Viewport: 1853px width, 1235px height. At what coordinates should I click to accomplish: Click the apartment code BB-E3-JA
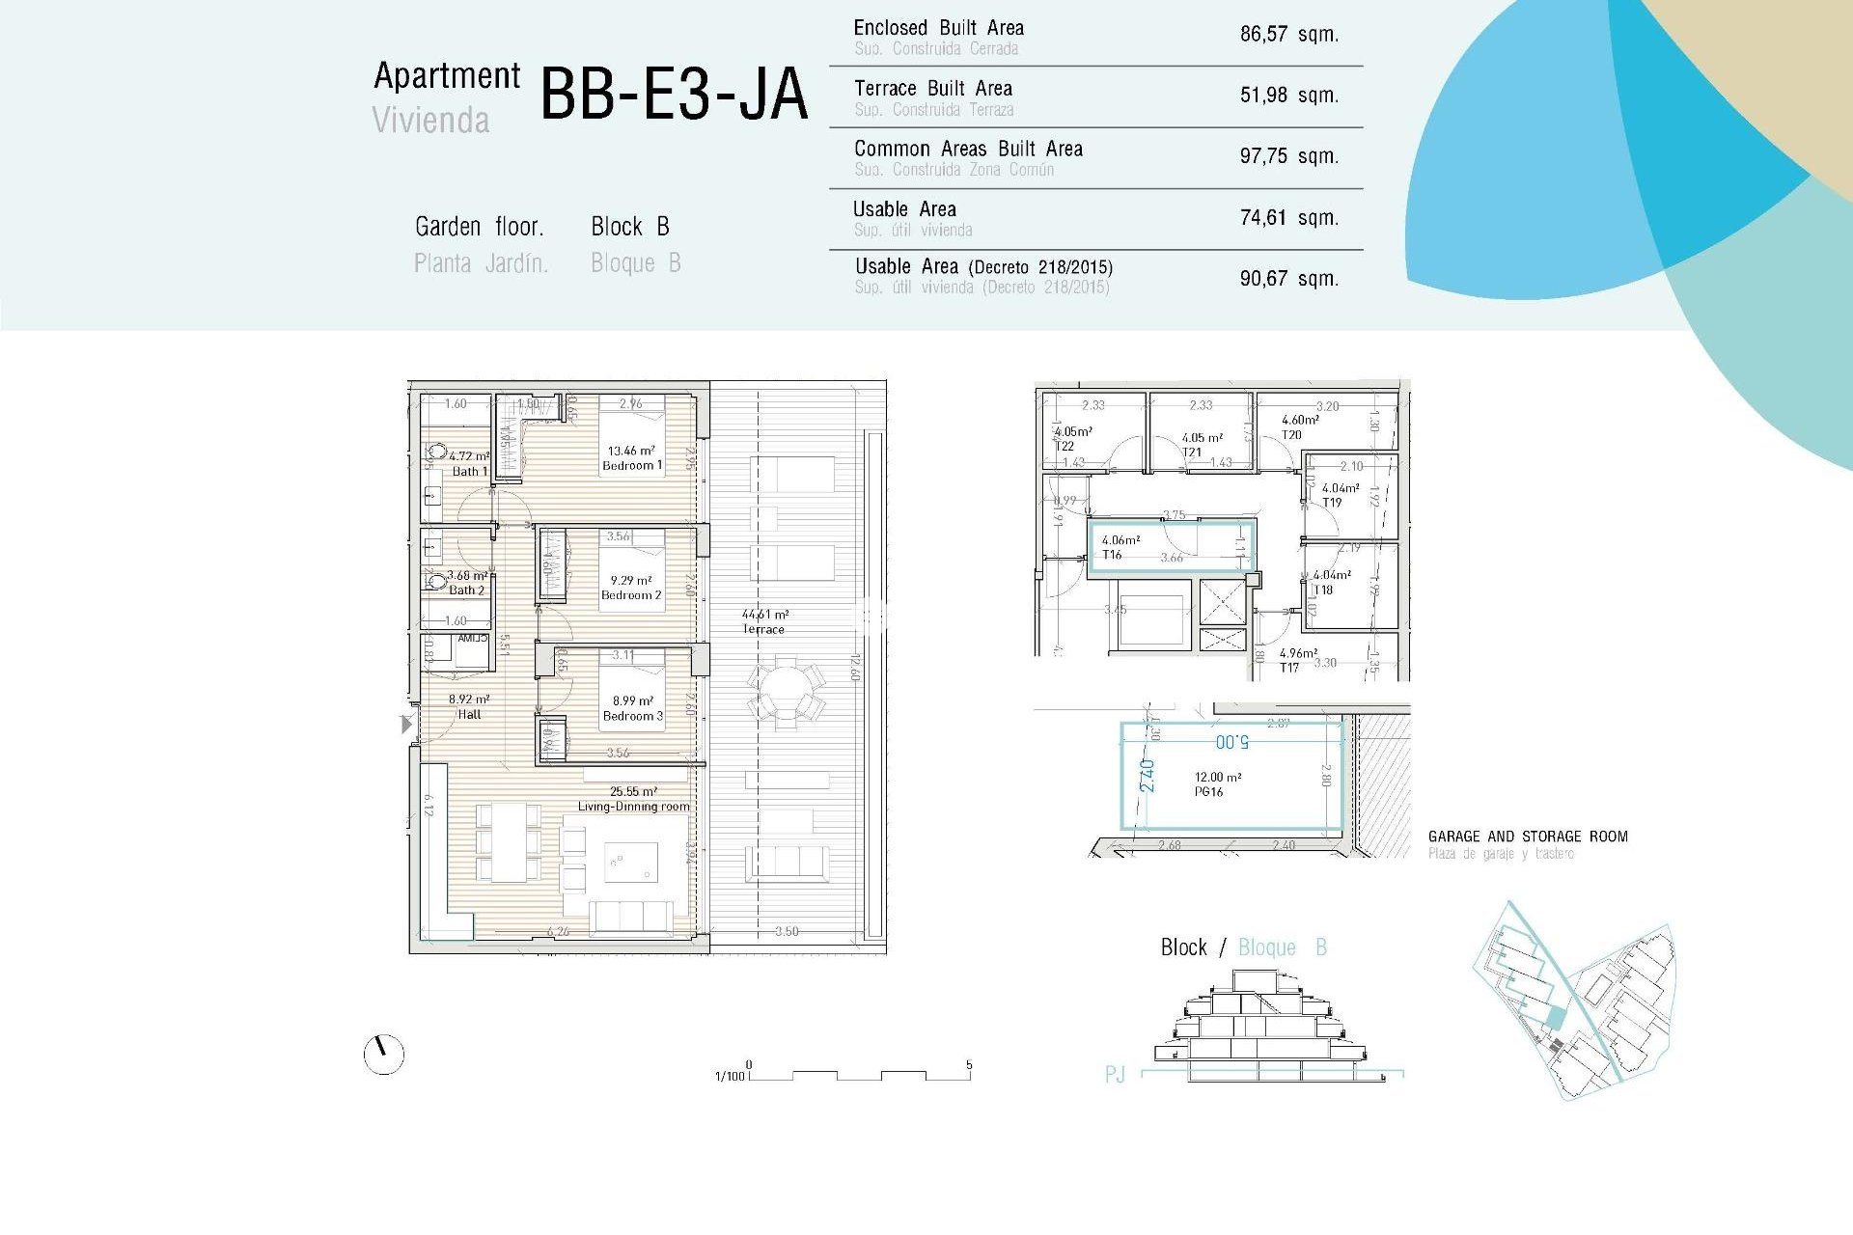[x=674, y=95]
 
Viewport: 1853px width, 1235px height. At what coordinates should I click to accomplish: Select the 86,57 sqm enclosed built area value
[x=1288, y=35]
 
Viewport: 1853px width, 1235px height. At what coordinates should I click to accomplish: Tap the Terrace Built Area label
[x=932, y=89]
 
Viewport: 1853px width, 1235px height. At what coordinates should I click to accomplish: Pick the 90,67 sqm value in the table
[x=1288, y=279]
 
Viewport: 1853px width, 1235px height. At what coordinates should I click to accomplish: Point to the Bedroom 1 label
[x=632, y=465]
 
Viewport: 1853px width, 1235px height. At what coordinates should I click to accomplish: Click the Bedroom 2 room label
[x=631, y=595]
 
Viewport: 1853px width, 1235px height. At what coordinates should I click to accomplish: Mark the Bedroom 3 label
[x=632, y=716]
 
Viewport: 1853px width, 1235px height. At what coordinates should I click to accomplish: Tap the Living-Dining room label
[x=633, y=806]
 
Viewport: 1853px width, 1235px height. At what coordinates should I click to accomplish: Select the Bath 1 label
[x=470, y=471]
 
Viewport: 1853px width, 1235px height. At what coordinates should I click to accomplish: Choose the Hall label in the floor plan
[x=469, y=714]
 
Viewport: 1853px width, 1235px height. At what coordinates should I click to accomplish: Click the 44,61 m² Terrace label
[x=764, y=621]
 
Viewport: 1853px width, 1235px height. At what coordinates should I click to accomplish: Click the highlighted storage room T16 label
[x=1112, y=555]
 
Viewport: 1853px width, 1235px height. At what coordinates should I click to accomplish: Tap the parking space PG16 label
[x=1208, y=791]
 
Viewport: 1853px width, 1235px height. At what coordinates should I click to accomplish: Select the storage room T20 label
[x=1291, y=435]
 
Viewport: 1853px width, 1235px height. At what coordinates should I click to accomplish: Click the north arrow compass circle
[x=383, y=1055]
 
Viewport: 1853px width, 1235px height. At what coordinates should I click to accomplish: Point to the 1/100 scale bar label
[x=730, y=1076]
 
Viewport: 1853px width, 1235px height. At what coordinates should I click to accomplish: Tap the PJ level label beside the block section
[x=1115, y=1075]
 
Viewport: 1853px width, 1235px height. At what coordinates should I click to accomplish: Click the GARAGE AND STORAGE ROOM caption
[x=1527, y=837]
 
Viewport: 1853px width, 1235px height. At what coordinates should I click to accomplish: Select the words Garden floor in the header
[x=479, y=227]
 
